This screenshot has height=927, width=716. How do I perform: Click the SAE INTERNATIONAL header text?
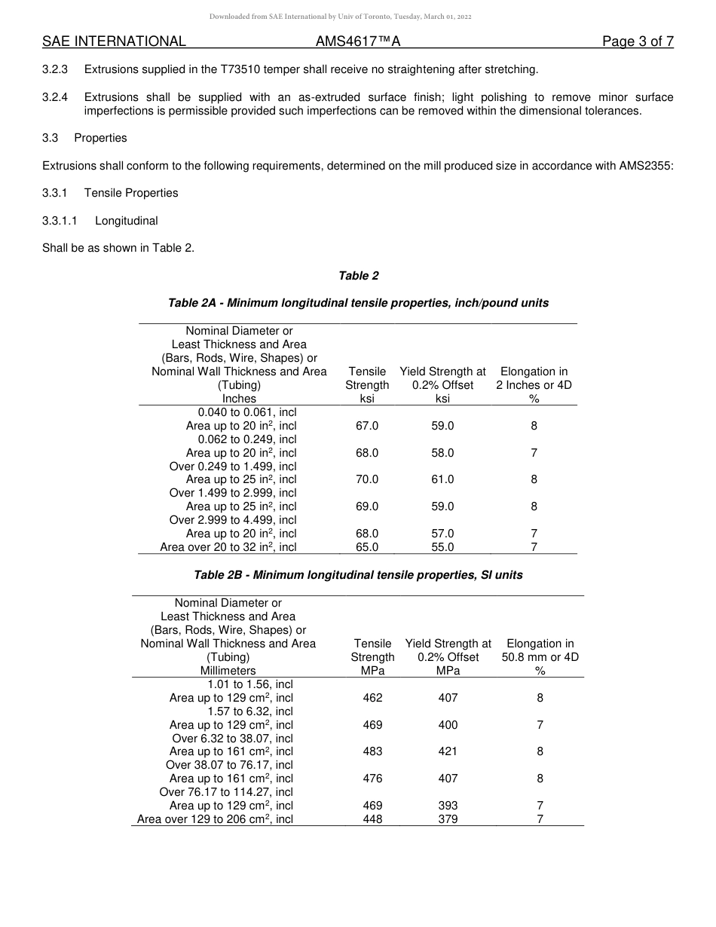click(114, 41)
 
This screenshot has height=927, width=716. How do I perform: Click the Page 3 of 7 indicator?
click(638, 41)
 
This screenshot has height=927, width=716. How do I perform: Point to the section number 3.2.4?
click(55, 97)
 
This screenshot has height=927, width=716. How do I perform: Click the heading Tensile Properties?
click(131, 193)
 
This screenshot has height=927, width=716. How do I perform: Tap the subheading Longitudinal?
click(126, 221)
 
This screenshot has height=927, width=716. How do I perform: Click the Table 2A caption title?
click(358, 303)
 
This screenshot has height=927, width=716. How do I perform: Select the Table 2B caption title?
click(358, 575)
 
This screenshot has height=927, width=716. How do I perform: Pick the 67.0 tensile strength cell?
click(367, 426)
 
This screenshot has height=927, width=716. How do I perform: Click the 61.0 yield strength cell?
click(442, 479)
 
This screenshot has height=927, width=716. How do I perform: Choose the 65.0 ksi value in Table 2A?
click(367, 547)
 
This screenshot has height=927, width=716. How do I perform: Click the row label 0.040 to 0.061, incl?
click(246, 412)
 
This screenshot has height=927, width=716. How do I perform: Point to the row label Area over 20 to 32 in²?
click(228, 547)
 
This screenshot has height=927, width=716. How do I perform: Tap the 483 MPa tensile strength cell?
click(372, 751)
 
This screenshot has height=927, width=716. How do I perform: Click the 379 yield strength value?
click(448, 819)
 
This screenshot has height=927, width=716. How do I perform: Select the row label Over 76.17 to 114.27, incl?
click(226, 792)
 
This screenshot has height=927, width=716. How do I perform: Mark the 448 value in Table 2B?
click(372, 819)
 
